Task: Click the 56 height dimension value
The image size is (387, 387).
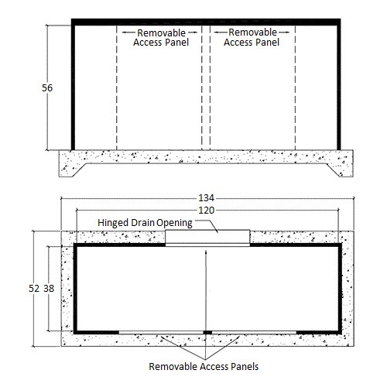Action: pos(47,88)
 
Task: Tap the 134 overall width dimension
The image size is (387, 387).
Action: pos(206,198)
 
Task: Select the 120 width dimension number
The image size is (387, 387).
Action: pos(206,211)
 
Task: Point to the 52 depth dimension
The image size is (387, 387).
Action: pos(34,288)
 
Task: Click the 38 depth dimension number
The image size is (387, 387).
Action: pos(49,288)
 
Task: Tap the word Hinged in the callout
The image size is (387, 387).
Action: pos(113,223)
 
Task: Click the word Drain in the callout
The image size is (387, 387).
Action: pos(142,222)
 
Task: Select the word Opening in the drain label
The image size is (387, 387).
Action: pos(175,223)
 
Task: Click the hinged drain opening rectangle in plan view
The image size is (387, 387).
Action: pos(207,237)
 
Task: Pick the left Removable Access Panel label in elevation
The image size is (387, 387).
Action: pos(161,38)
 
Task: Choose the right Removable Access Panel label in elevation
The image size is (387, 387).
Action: pos(252,37)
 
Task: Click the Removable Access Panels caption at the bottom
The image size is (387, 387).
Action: pos(204,366)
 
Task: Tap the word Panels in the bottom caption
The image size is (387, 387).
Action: pos(245,366)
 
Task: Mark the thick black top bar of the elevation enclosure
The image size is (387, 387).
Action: pos(206,22)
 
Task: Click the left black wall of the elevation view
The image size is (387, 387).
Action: pos(73,87)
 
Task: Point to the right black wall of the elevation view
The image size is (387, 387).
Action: pos(339,87)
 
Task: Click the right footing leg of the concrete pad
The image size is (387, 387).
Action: pos(340,170)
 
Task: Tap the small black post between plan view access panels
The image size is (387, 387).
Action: pos(207,332)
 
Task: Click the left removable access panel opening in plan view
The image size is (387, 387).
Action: pos(161,332)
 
